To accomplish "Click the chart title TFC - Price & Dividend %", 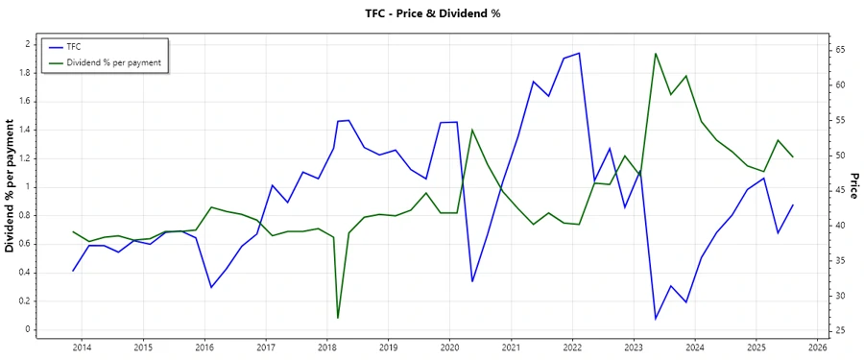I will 432,13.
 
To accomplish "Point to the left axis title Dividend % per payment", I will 11,186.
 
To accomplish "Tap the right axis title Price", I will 852,186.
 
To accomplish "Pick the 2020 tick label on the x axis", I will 449,347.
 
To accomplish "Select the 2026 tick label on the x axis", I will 818,347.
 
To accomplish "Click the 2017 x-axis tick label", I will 265,347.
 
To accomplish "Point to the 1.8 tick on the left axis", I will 27,72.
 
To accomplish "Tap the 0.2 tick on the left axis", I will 27,300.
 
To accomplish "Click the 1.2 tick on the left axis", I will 27,157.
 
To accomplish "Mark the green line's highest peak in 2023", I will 655,54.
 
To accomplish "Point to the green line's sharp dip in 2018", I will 338,318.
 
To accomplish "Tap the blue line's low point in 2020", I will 472,281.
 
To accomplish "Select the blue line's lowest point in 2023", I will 656,319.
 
